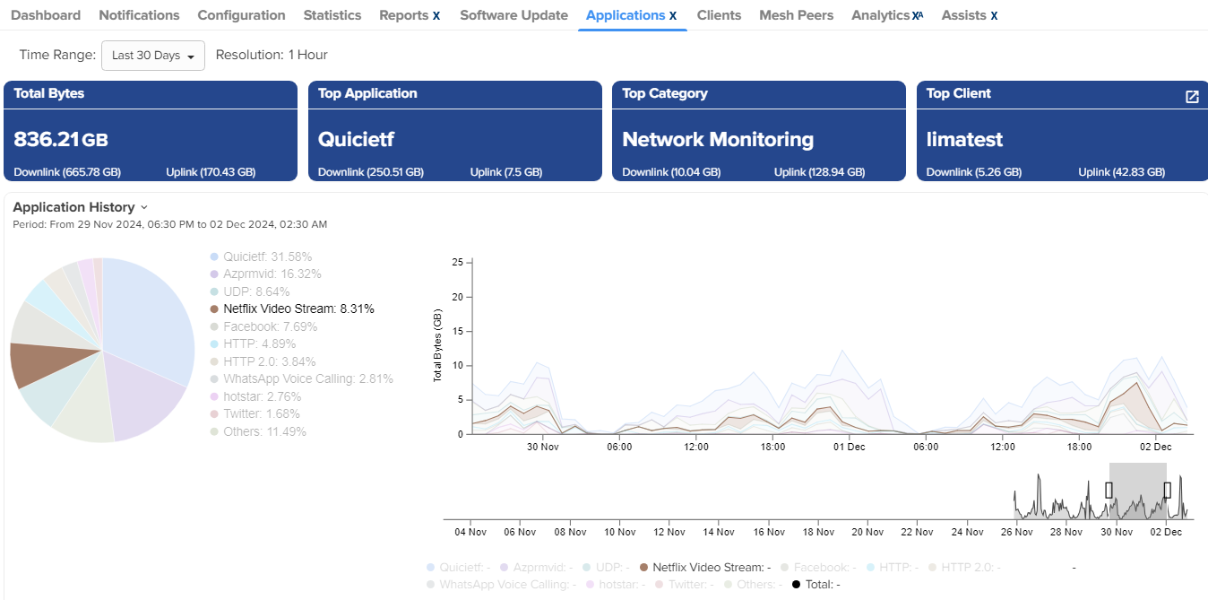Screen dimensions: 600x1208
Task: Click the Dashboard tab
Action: click(46, 15)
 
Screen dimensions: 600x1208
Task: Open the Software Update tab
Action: click(513, 15)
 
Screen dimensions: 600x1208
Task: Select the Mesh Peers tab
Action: click(796, 15)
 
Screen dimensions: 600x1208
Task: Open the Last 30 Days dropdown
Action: click(153, 56)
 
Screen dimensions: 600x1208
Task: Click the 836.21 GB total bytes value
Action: click(61, 139)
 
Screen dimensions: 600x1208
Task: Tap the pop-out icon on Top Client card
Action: click(1192, 97)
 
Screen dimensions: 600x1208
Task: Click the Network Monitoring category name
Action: click(718, 139)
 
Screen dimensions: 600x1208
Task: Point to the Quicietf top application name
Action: click(356, 139)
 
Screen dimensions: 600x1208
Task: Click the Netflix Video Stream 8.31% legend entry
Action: click(298, 309)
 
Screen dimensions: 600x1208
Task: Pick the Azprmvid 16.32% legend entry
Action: click(272, 274)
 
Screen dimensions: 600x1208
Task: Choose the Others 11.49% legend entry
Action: click(264, 431)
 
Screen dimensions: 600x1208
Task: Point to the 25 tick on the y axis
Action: click(457, 263)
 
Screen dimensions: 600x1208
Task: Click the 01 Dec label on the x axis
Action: click(850, 447)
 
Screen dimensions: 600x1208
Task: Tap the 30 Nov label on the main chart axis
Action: click(542, 447)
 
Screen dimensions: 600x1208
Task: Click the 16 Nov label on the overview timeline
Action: click(769, 532)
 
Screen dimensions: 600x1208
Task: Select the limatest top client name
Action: click(964, 139)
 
